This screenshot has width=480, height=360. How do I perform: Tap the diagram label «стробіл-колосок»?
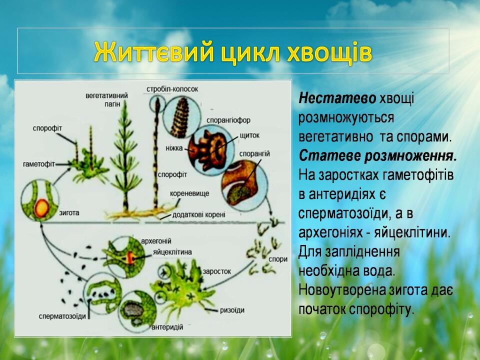coord(172,89)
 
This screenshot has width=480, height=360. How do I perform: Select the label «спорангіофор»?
coord(228,120)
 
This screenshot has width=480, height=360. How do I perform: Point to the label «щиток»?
coord(249,135)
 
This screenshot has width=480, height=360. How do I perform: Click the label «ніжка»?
coord(174,148)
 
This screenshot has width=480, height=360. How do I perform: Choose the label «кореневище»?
coord(189,193)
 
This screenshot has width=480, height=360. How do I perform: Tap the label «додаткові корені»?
coord(198,215)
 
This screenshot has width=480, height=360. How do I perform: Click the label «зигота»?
coord(69,212)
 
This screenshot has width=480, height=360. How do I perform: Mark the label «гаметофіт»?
coord(39,164)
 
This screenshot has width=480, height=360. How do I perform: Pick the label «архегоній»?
coord(156,241)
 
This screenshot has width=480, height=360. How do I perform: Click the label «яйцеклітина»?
coord(172,252)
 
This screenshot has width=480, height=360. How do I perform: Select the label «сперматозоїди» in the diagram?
coord(62,316)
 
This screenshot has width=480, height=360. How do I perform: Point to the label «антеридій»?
coord(167,327)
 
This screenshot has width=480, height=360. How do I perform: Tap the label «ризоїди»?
coord(232,310)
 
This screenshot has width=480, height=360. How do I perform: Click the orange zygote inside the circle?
coord(41,207)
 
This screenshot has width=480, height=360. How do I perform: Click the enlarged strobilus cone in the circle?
coord(180,117)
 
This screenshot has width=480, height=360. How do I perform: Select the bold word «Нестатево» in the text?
coord(337,98)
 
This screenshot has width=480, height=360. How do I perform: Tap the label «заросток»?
coord(216,271)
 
